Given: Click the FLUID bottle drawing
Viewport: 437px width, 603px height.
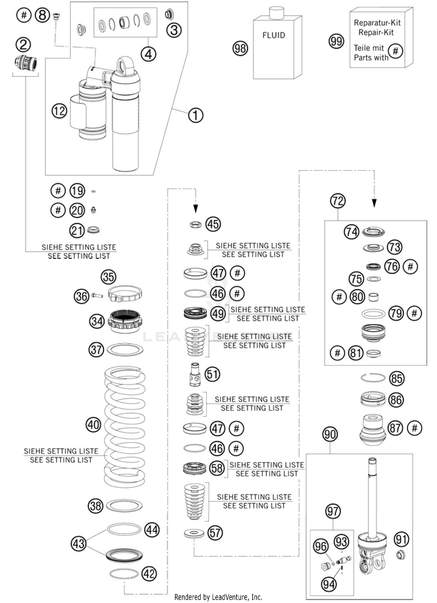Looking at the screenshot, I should [277, 48].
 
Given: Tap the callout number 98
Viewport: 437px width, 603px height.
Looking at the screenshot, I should [240, 48].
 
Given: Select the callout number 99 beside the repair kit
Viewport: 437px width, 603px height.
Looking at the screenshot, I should [336, 41].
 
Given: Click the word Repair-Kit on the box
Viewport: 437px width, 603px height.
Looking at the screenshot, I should [376, 32].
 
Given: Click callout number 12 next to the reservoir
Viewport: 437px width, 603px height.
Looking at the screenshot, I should [59, 111].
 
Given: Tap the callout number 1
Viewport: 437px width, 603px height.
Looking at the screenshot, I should [195, 115].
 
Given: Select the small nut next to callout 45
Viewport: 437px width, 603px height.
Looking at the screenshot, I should [195, 224].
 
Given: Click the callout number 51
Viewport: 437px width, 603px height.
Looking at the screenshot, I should [212, 374].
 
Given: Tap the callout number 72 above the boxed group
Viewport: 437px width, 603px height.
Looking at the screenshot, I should [338, 201].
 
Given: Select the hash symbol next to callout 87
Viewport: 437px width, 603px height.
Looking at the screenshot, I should [415, 428].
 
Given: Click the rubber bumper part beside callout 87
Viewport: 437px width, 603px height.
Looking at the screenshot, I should [373, 429].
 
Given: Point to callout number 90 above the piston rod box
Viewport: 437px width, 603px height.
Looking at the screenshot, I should [330, 435].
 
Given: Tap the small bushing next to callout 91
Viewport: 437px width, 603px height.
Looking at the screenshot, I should [401, 555].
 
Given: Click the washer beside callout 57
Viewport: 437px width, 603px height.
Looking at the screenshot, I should [194, 533].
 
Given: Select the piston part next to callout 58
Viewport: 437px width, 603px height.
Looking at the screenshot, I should [194, 468].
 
